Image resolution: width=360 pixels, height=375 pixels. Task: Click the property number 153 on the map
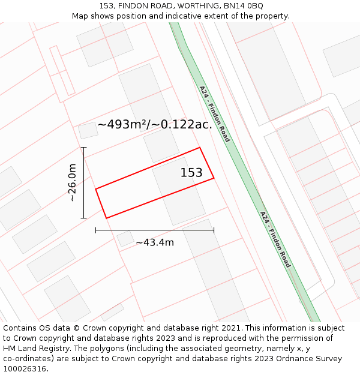[x=191, y=173]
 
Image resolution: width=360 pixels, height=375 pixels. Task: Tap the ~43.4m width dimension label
[x=155, y=242]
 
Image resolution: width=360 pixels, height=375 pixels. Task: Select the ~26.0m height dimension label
[x=72, y=182]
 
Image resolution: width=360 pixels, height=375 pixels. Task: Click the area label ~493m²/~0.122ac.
[x=155, y=124]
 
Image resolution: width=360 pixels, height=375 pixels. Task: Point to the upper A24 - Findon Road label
[x=214, y=113]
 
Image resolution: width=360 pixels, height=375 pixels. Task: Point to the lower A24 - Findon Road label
[x=275, y=239]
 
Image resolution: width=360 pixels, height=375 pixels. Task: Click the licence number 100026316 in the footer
[x=25, y=369]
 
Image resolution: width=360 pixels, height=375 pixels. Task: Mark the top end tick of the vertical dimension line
[x=83, y=148]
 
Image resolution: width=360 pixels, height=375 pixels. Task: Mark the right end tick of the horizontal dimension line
[x=214, y=229]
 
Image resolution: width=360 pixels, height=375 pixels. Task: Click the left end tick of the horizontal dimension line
[x=95, y=229]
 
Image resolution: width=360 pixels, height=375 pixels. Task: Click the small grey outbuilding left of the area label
[x=88, y=130]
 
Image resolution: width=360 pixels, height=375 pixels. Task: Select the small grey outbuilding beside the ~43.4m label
[x=125, y=239]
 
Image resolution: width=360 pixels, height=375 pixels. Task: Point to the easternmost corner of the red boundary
[x=214, y=178]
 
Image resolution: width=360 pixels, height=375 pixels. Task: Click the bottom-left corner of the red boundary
[x=106, y=218]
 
